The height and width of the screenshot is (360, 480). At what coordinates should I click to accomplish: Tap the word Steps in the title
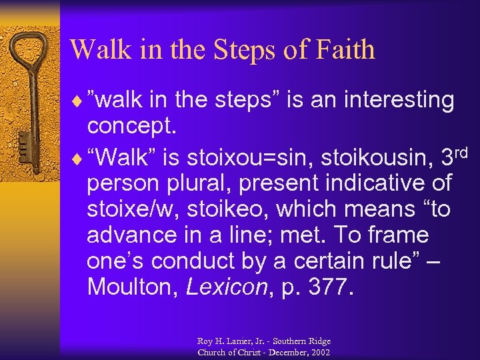point(241,49)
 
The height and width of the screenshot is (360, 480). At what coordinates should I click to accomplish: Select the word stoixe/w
point(133,209)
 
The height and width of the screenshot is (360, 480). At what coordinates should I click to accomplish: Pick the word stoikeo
point(227,209)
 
